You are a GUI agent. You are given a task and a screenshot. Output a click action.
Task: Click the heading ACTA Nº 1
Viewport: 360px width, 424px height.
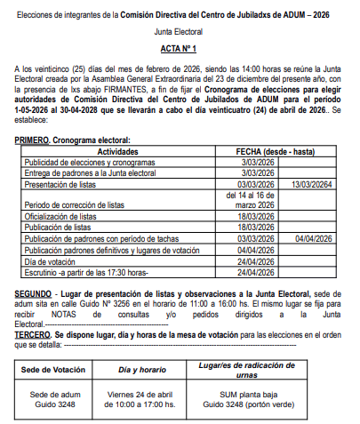(x=180, y=52)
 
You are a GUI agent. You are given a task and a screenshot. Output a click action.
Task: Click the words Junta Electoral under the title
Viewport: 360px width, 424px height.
(x=180, y=34)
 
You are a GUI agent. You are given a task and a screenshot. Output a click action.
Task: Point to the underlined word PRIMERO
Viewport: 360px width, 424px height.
(x=32, y=141)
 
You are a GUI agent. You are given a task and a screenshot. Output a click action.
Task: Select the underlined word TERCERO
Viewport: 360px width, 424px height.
(x=33, y=333)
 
